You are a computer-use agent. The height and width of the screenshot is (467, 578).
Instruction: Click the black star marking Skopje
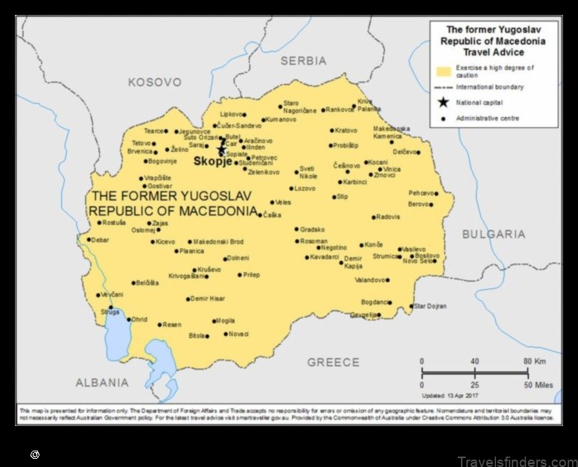(221, 150)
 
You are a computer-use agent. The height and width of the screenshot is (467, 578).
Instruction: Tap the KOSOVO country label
(154, 82)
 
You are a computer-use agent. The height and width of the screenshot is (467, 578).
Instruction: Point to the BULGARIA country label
(493, 234)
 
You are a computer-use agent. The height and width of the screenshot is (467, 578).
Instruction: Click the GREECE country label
(333, 363)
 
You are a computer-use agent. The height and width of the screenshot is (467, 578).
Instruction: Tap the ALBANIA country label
(102, 383)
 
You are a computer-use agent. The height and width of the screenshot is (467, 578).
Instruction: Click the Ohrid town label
(139, 320)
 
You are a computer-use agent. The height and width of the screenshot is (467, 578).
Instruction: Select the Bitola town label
(197, 336)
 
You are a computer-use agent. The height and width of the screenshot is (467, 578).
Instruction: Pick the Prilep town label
(252, 275)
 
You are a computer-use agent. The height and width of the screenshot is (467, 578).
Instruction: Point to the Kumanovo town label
(281, 119)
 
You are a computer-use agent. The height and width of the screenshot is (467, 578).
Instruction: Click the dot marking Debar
(89, 240)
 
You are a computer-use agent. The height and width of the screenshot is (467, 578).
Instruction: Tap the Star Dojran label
(431, 306)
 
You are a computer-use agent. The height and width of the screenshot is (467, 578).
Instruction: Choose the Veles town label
(283, 203)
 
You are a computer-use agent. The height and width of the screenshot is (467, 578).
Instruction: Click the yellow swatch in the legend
(444, 72)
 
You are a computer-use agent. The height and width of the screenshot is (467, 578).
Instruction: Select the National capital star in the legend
(443, 103)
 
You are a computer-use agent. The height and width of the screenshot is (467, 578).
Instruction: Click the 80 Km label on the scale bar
(536, 361)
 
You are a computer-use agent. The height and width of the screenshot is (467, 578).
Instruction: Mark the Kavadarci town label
(324, 258)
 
